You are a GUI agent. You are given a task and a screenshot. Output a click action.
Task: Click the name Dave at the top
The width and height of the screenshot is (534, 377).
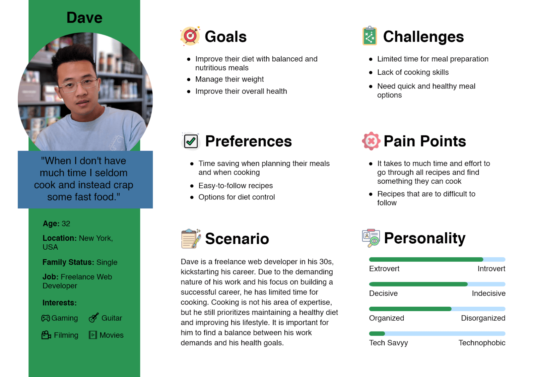coord(84,18)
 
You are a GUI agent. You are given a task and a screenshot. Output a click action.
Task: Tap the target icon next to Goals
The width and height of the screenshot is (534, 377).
coord(190,36)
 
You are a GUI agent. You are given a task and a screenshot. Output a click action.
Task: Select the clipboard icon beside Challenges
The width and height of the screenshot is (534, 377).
coord(370,36)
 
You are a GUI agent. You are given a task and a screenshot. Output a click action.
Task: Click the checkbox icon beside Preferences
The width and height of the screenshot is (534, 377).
coord(191,141)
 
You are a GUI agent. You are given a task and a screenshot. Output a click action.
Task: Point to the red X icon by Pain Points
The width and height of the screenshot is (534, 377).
coord(371,141)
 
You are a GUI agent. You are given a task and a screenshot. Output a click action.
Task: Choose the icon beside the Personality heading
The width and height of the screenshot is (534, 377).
coord(371,238)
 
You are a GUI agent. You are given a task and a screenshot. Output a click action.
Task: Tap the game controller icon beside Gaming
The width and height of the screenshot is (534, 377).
coord(45,318)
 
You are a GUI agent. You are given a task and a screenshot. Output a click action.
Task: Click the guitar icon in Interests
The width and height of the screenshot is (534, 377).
coord(94,318)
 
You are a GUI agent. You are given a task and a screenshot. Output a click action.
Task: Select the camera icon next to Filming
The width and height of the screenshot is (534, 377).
coord(46,335)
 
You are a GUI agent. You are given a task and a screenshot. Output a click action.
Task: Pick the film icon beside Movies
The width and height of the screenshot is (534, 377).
coord(93,335)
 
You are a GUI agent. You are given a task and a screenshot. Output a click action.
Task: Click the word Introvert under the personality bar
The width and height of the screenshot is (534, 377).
coord(491,269)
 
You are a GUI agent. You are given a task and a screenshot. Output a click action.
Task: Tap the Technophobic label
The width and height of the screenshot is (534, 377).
coord(482,343)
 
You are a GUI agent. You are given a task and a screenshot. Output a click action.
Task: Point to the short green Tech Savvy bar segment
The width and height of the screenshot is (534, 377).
coord(377,333)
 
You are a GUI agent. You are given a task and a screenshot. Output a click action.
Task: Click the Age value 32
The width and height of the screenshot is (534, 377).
coord(66,223)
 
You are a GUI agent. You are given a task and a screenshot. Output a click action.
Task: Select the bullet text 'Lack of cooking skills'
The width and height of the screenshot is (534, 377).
coord(413,72)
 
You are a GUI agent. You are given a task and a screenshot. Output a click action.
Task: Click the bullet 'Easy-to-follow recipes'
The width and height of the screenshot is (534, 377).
coord(235,186)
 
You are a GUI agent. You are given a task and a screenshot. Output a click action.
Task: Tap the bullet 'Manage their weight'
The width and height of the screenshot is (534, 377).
coord(229,79)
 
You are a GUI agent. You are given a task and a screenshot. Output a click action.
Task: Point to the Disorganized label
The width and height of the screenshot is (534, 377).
coord(483,318)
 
